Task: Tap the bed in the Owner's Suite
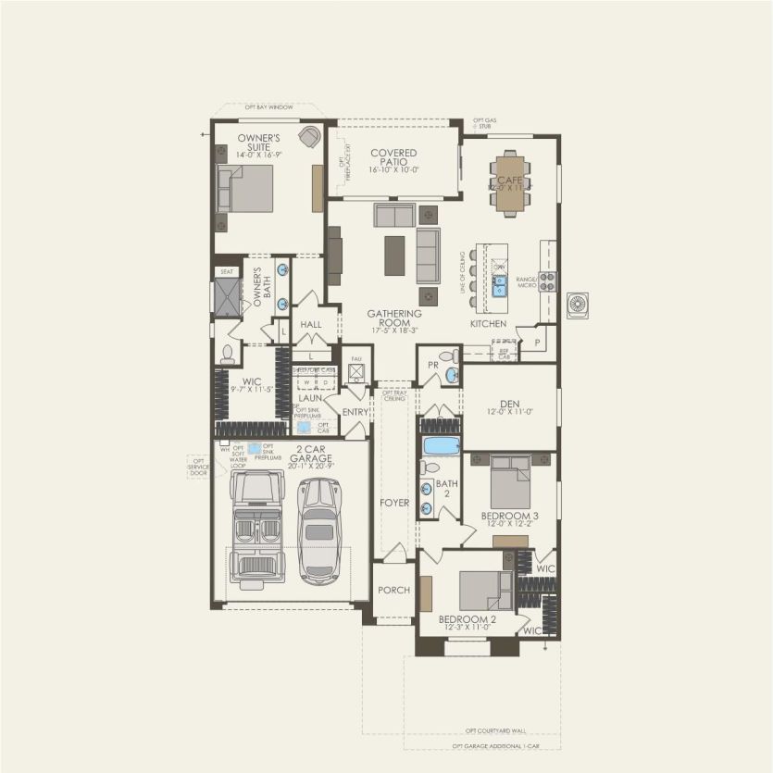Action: pos(245,189)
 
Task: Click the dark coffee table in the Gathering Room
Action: pos(394,256)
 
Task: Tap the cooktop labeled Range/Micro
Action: pos(547,281)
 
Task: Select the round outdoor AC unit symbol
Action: pos(578,305)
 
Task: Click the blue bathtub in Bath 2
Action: pos(441,446)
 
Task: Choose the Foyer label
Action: pos(394,503)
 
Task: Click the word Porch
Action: pos(394,590)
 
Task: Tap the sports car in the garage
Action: pos(319,530)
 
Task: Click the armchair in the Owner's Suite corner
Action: pos(309,137)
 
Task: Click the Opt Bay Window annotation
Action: pos(268,107)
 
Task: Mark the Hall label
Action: pos(311,325)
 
